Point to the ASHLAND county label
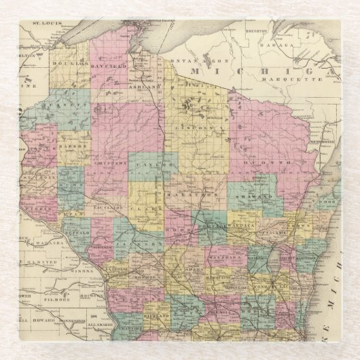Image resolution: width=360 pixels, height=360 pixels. click(x=148, y=88)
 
